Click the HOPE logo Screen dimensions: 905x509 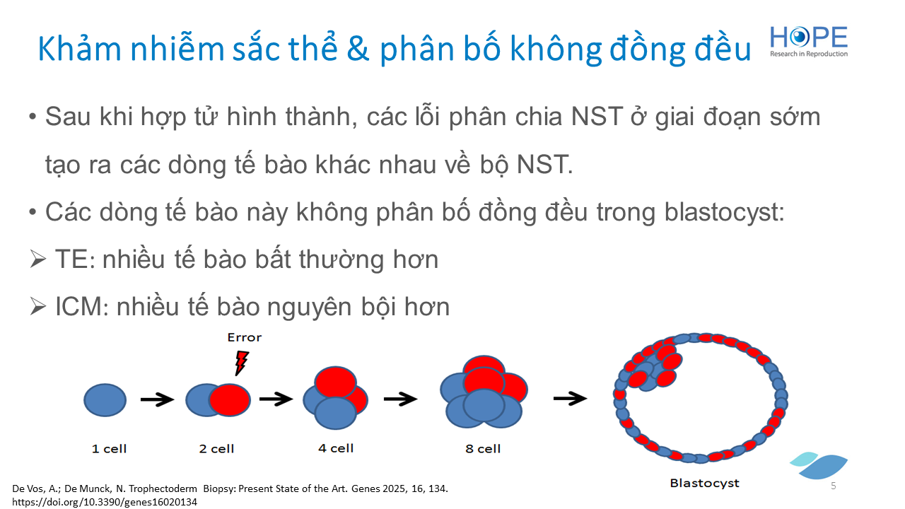808,42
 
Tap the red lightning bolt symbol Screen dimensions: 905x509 242,363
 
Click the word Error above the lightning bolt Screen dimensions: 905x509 245,337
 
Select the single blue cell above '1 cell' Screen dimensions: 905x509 105,400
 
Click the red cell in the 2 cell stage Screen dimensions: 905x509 230,400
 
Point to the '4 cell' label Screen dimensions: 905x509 336,448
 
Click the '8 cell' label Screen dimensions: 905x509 483,448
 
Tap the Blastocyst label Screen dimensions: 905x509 705,483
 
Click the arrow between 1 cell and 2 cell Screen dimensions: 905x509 157,399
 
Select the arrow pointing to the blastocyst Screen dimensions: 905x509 570,398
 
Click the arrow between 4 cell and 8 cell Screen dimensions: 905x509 400,399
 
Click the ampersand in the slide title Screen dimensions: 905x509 358,49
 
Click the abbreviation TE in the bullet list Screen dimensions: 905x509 71,259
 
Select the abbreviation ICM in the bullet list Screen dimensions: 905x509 78,307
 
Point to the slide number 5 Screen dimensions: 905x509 833,486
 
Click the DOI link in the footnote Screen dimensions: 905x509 105,502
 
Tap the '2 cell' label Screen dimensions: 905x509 216,448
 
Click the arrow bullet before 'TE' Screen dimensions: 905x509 38,259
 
